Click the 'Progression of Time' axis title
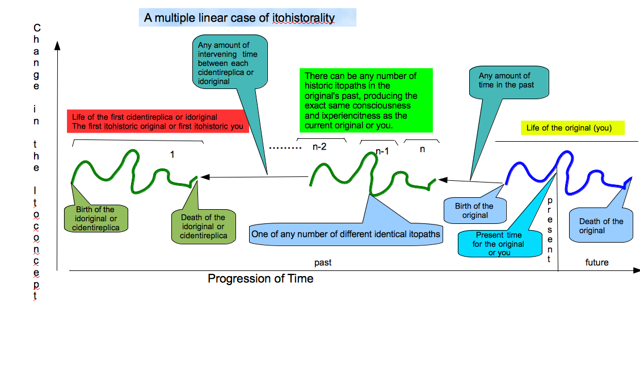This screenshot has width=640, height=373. point(260,278)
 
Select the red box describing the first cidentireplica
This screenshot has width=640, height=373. point(158,121)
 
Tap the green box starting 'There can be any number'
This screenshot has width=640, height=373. point(366,100)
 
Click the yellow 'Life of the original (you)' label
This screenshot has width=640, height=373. point(572,128)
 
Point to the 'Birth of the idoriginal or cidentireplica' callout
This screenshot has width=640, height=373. point(95,218)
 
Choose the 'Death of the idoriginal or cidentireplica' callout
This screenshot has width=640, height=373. point(203,226)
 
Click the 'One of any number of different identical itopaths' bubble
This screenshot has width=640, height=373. point(346,233)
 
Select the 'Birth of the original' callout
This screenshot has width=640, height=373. point(474,210)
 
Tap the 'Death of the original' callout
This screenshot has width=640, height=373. point(601,226)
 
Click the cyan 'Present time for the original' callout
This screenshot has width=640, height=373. point(499,244)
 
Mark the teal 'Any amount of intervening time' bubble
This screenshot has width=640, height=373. point(229,62)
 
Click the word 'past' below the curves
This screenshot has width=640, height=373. point(323,262)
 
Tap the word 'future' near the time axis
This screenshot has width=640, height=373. point(596,262)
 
